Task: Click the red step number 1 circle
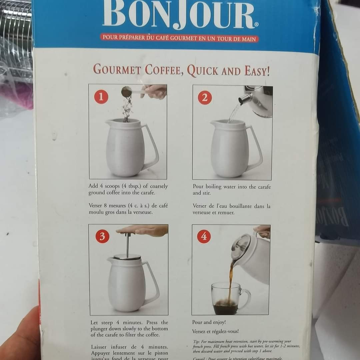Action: click(x=101, y=97)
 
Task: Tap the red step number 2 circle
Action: click(x=205, y=98)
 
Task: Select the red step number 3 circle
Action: click(x=102, y=236)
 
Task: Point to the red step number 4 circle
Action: click(x=204, y=236)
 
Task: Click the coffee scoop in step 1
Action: click(x=127, y=92)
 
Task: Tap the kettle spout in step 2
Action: click(x=245, y=99)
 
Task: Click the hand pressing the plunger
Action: click(x=143, y=230)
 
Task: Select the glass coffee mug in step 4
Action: click(x=228, y=298)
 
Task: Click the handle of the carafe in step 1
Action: click(x=152, y=147)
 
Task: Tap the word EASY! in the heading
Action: click(x=257, y=71)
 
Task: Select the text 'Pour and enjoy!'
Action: click(x=209, y=322)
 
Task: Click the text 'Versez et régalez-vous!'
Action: click(x=215, y=331)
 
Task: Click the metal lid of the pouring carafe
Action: click(x=241, y=247)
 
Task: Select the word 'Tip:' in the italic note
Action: click(x=197, y=342)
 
